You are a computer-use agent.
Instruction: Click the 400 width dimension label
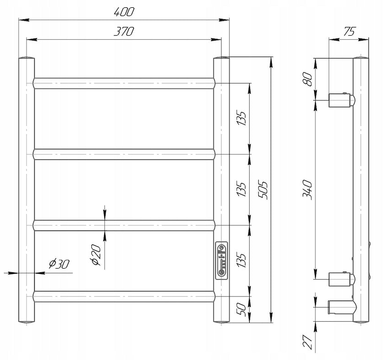click(x=124, y=12)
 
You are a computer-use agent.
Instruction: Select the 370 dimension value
click(x=124, y=32)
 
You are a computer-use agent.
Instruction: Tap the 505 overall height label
click(x=263, y=190)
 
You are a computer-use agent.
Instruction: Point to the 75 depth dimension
click(x=349, y=32)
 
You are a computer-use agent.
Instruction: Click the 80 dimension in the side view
click(x=308, y=79)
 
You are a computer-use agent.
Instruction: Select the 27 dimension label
click(x=308, y=341)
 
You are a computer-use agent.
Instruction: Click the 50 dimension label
click(x=241, y=309)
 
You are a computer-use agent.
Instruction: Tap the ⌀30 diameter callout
click(x=59, y=264)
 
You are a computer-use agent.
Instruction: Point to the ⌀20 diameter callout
click(x=96, y=255)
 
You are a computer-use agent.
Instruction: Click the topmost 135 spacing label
click(x=241, y=118)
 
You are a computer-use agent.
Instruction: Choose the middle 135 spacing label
click(x=241, y=189)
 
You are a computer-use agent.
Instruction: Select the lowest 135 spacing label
click(x=241, y=260)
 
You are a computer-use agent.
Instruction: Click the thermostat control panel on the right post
click(x=221, y=260)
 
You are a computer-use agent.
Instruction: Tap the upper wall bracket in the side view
click(x=342, y=100)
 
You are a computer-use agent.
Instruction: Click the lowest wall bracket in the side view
click(x=342, y=307)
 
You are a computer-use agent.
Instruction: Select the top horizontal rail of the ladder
click(x=124, y=83)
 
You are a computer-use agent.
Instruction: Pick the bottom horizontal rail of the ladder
click(x=124, y=296)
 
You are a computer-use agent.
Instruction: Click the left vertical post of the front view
click(x=27, y=190)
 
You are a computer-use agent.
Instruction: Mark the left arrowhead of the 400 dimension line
click(x=24, y=20)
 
